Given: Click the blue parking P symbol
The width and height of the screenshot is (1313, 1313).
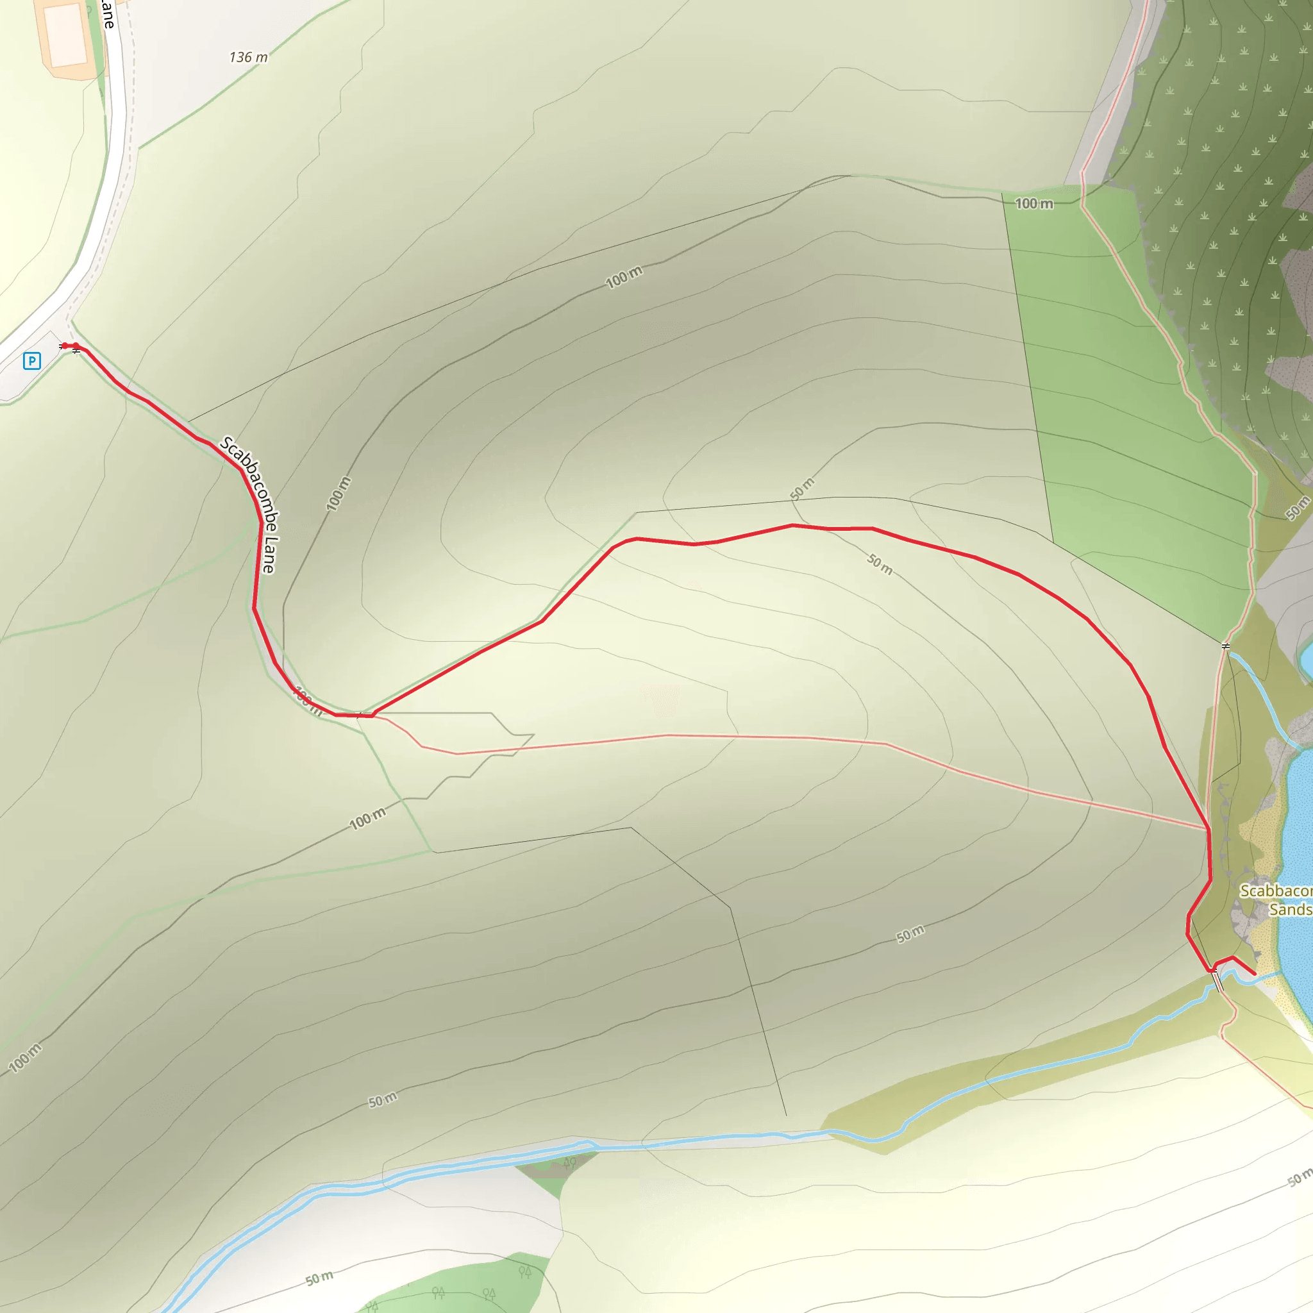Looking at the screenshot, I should [31, 361].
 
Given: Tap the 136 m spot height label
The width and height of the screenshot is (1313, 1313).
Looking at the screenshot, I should [248, 58].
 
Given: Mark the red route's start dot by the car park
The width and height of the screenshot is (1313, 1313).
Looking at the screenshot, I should [65, 346].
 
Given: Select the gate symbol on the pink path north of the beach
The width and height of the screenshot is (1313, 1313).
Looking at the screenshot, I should [1226, 646].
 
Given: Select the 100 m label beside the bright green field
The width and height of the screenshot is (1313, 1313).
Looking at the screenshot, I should [1033, 203].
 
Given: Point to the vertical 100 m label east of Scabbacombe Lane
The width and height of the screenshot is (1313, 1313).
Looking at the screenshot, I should [339, 494].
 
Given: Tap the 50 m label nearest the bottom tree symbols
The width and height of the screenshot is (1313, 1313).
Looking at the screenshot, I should [319, 1278].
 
